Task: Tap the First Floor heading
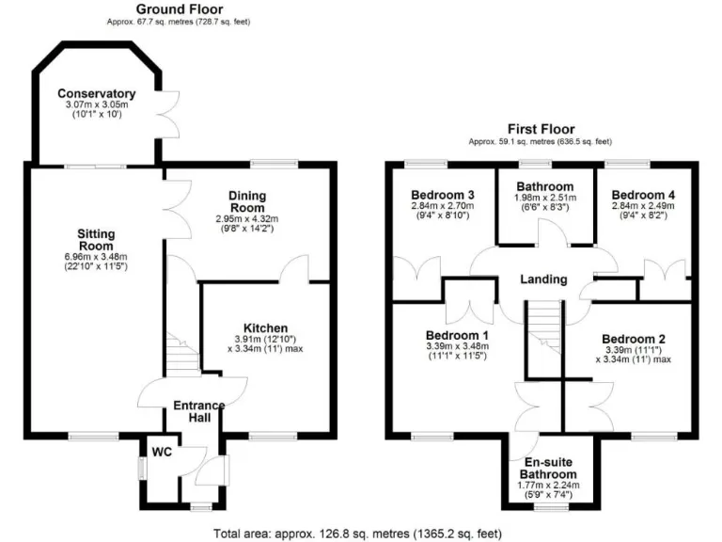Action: click(x=541, y=129)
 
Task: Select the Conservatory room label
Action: click(x=96, y=93)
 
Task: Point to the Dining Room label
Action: click(x=247, y=201)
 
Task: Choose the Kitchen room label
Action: click(x=266, y=327)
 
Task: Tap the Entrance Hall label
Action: click(x=198, y=412)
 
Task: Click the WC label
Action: click(x=163, y=452)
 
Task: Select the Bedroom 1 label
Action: click(x=454, y=337)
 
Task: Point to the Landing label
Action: click(x=543, y=279)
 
